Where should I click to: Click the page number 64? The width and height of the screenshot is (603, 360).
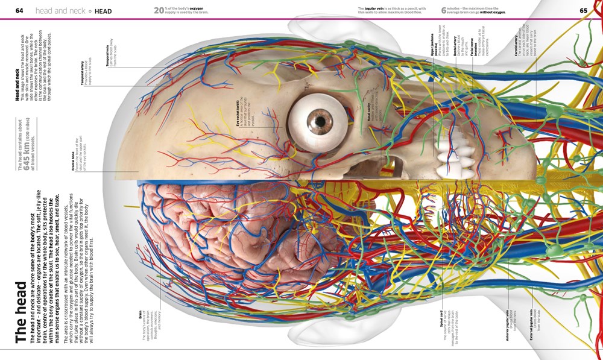(19, 11)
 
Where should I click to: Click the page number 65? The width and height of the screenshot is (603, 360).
(583, 11)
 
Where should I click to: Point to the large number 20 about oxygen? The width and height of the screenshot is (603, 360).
(159, 10)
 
